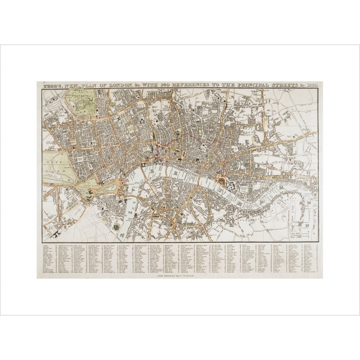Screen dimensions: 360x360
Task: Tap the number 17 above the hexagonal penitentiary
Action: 117,219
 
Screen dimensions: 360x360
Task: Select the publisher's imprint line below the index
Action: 180,275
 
